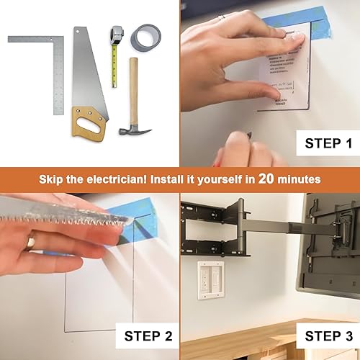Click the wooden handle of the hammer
tap(133, 90)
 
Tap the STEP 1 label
tap(323, 143)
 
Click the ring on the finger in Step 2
tap(30, 244)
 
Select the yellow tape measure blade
tap(113, 68)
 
